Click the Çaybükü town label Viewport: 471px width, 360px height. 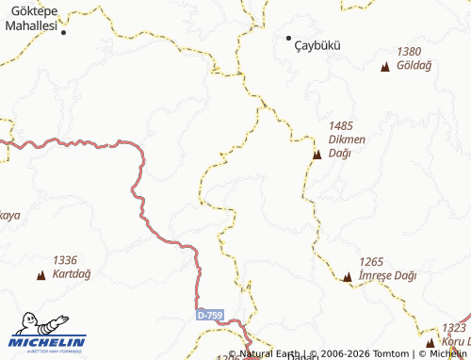click(x=317, y=44)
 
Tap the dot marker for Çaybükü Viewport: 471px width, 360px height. click(x=289, y=38)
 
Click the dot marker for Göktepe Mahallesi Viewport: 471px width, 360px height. click(x=64, y=32)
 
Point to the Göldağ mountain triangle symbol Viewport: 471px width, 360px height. click(x=384, y=66)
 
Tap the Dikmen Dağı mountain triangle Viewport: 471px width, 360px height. click(x=317, y=154)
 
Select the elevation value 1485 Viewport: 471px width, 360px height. click(x=341, y=125)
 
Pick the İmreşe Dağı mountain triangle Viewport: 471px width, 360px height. click(x=348, y=277)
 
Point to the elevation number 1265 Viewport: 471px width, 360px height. click(x=372, y=261)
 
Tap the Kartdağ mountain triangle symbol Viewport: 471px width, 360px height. click(x=41, y=275)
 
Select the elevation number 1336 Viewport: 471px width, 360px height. click(x=65, y=259)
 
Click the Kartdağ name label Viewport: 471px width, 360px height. click(x=72, y=274)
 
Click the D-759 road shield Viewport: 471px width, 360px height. click(x=210, y=315)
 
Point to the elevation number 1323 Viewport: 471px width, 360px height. click(x=453, y=328)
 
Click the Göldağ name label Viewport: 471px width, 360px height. click(x=414, y=66)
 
